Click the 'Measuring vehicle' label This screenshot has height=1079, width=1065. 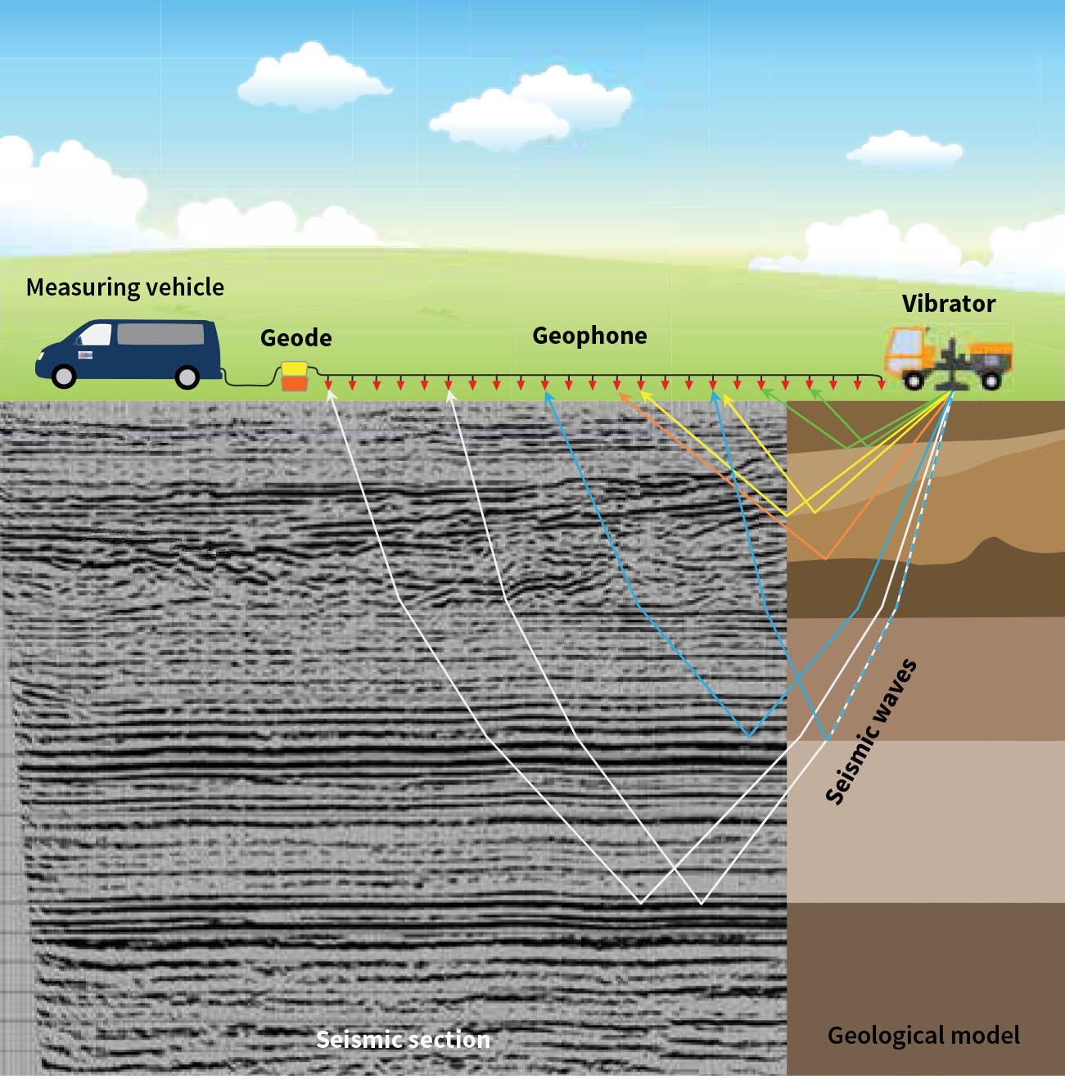click(x=124, y=287)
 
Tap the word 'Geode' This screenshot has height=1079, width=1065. click(x=296, y=338)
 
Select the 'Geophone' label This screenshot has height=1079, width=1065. click(x=589, y=336)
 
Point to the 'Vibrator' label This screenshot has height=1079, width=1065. click(x=948, y=304)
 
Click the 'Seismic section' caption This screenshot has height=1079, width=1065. click(x=403, y=1040)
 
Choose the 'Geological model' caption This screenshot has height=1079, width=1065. click(x=923, y=1036)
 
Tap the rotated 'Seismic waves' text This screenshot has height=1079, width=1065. click(x=870, y=732)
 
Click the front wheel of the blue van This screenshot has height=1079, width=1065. click(x=63, y=376)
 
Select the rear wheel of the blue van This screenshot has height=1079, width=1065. click(x=187, y=376)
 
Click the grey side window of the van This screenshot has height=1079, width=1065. click(x=160, y=334)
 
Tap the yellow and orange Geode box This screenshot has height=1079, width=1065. click(x=294, y=376)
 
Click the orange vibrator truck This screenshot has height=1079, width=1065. click(x=947, y=357)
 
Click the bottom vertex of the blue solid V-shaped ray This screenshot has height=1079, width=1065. click(x=748, y=735)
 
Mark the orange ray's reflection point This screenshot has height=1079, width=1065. click(x=826, y=560)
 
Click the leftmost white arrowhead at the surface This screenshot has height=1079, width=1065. click(x=330, y=394)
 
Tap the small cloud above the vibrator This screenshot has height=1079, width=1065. click(x=905, y=150)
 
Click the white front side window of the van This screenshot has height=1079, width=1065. click(x=96, y=334)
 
